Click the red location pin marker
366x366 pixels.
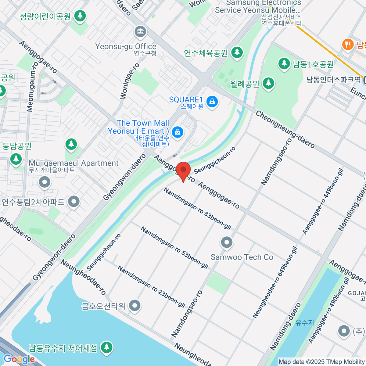click(183, 171)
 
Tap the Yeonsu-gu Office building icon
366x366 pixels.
click(140, 32)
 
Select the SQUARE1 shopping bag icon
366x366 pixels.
click(212, 101)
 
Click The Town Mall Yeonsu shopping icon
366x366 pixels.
click(178, 132)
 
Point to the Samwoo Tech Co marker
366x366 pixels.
click(227, 243)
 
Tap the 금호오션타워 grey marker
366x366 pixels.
click(135, 305)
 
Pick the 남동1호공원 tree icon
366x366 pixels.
click(284, 64)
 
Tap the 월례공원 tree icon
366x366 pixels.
click(268, 83)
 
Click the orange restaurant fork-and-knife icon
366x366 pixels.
click(347, 45)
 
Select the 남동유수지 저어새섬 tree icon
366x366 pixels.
click(106, 347)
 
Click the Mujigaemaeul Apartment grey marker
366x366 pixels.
click(45, 182)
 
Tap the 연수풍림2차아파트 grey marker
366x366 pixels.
click(74, 202)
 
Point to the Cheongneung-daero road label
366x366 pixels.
click(285, 129)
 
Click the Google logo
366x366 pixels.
click(19, 359)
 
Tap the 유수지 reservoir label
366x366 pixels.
click(305, 322)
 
